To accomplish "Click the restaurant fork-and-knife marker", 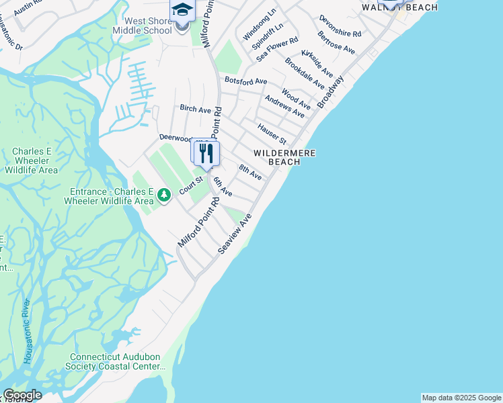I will [x=206, y=154].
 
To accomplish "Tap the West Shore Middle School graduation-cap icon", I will [x=182, y=11].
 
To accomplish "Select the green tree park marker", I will [x=164, y=195].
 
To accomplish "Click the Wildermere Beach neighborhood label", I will [x=284, y=157].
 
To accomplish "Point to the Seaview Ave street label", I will [x=234, y=234].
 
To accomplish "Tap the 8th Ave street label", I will [x=250, y=172].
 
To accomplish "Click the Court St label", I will [x=191, y=183].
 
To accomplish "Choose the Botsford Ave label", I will [x=246, y=81].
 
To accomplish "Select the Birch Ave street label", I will [x=195, y=109].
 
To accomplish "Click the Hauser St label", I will [x=272, y=132].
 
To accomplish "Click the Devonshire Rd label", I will [x=340, y=26].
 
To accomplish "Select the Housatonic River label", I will [x=28, y=333].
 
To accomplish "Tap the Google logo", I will [x=22, y=395].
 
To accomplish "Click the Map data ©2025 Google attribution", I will [x=461, y=398].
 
